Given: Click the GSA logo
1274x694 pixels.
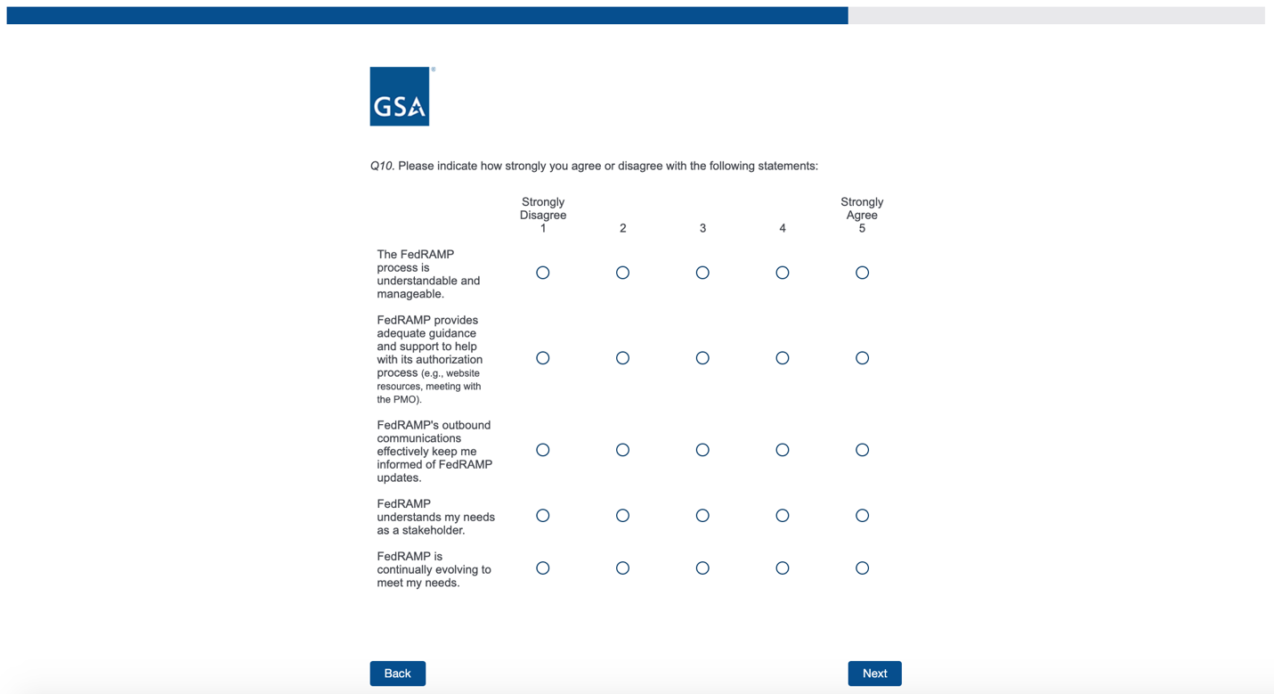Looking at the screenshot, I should (x=400, y=96).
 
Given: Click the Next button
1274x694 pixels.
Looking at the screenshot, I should (x=874, y=674).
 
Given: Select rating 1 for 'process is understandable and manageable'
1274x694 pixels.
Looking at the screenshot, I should (x=543, y=273).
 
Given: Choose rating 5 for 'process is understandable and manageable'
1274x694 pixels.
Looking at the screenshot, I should (x=862, y=273).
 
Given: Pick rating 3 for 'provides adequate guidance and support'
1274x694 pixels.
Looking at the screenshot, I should (x=702, y=358).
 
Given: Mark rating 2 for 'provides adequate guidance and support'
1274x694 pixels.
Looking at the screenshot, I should (x=622, y=358).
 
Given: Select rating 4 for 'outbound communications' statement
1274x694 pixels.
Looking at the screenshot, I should (x=783, y=450).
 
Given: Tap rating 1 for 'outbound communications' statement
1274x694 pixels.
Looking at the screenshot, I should (x=543, y=450).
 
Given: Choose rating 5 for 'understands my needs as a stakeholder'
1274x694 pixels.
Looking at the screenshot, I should (x=862, y=516).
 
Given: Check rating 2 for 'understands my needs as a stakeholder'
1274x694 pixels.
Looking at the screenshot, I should (x=622, y=516).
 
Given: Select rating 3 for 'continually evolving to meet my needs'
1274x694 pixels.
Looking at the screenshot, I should (x=702, y=568).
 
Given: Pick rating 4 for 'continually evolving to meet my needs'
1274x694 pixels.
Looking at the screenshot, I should (x=783, y=568).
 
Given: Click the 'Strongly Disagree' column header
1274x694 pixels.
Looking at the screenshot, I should (x=543, y=208).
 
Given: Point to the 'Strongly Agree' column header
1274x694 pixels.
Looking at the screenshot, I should (x=862, y=208).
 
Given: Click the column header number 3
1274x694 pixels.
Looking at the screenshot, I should (x=702, y=229).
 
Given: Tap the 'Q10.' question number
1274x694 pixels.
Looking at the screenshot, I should (x=382, y=166).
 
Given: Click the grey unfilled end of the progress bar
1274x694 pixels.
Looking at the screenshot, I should (x=1056, y=15).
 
